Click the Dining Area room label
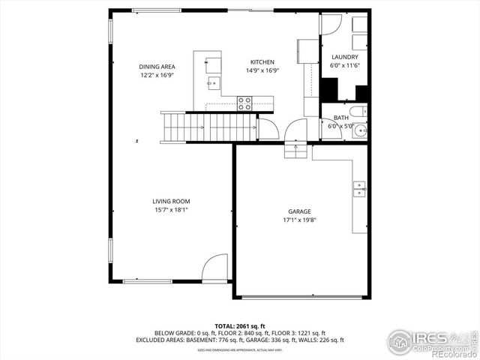coord(157,67)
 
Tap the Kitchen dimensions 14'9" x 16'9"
coord(262,71)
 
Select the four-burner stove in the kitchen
coord(244,103)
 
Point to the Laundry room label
coord(344,57)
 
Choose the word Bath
coord(341,118)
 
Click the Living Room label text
coord(171,201)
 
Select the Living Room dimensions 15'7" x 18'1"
coord(171,210)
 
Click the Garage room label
coord(299,211)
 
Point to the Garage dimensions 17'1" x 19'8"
coord(299,220)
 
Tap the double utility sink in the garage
coord(360,189)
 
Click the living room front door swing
coord(216,267)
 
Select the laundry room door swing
coord(330,24)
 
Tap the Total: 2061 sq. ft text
coord(240,325)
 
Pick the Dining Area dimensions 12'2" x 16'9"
coord(157,75)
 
